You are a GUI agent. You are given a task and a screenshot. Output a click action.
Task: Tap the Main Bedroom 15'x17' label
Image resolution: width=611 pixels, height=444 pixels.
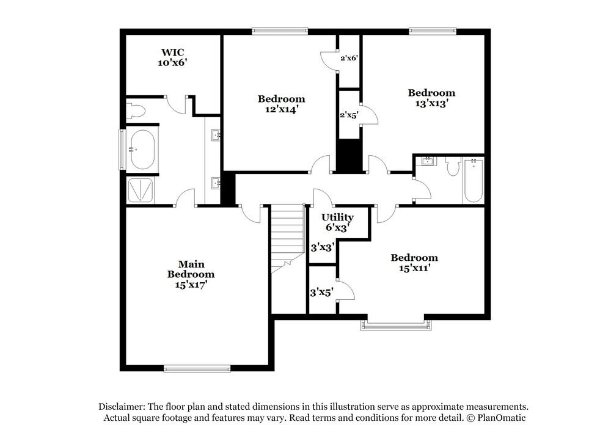pyautogui.click(x=191, y=274)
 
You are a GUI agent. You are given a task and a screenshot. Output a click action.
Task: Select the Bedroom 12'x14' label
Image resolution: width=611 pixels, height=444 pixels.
pyautogui.click(x=281, y=104)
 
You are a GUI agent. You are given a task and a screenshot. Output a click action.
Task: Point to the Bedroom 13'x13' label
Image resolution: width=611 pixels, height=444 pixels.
pyautogui.click(x=431, y=98)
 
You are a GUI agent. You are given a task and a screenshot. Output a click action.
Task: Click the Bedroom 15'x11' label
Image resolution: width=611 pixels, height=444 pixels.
pyautogui.click(x=414, y=263)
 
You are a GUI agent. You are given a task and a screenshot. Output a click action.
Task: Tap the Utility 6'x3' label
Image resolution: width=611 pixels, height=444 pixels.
pyautogui.click(x=337, y=222)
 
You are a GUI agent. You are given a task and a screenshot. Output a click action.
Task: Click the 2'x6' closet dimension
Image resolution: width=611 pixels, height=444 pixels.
pyautogui.click(x=349, y=58)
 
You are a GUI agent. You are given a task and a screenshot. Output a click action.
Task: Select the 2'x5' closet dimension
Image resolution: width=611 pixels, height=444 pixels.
pyautogui.click(x=349, y=114)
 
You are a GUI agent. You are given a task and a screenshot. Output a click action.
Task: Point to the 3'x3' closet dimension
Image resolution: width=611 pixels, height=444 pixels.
pyautogui.click(x=321, y=248)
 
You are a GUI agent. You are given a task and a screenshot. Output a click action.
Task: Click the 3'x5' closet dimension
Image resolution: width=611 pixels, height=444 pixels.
pyautogui.click(x=321, y=293)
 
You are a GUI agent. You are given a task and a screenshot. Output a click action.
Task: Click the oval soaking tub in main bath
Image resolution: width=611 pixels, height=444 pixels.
pyautogui.click(x=142, y=149)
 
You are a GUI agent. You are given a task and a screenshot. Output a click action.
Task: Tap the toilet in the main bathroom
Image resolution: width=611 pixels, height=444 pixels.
pyautogui.click(x=136, y=111)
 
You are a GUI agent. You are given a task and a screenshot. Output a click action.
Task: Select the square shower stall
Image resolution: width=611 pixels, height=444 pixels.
pyautogui.click(x=141, y=189)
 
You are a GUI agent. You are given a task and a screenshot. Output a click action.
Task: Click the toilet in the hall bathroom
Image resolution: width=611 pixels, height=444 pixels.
pyautogui.click(x=453, y=166)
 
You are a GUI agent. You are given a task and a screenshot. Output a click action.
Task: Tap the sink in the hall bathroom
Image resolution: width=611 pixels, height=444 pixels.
pyautogui.click(x=428, y=162)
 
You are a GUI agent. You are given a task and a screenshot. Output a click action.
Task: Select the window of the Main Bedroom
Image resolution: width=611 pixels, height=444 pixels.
pyautogui.click(x=197, y=368)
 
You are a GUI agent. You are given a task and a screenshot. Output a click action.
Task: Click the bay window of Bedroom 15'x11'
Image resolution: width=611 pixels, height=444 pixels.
pyautogui.click(x=395, y=324)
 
